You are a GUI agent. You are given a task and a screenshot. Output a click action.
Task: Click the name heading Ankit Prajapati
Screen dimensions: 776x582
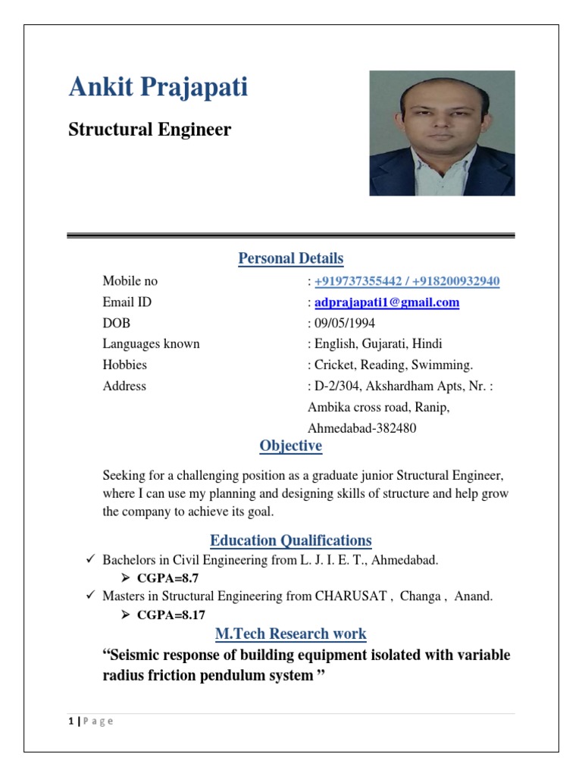coord(158,88)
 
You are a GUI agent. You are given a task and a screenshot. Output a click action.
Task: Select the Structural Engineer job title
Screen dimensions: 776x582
coord(149,130)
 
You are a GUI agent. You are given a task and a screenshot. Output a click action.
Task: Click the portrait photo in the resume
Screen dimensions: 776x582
coord(442,133)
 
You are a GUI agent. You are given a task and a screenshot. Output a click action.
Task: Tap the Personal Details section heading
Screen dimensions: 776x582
coord(290,258)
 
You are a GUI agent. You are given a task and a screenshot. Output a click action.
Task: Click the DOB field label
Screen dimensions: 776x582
coord(117,323)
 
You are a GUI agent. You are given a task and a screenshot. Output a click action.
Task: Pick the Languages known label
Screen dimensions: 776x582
coord(151,344)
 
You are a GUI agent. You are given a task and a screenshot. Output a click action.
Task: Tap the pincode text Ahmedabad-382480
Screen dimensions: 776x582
coord(361,428)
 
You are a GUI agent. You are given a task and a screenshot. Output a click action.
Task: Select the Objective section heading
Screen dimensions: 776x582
coord(290,446)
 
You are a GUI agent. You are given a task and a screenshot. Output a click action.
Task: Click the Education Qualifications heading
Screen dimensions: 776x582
coord(290,540)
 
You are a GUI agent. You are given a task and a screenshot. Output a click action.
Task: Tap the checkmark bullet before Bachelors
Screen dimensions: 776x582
coord(89,560)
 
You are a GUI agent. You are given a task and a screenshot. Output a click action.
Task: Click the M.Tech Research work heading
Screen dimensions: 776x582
coord(290,634)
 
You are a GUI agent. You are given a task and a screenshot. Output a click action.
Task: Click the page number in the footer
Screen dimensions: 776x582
coord(70,721)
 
